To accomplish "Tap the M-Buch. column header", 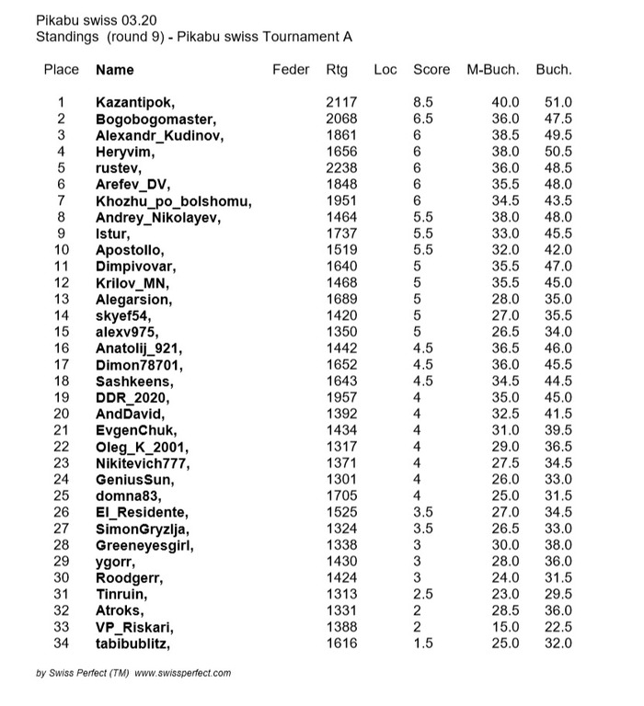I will coord(493,70).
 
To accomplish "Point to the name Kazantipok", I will coord(135,102).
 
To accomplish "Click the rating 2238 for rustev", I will coord(341,168).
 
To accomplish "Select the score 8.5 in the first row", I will coord(423,102).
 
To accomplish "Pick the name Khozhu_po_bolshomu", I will coord(174,201).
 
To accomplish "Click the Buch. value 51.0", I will coord(558,102).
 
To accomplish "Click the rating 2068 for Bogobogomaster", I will coord(341,119).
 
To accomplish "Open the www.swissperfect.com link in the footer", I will coord(183,673).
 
